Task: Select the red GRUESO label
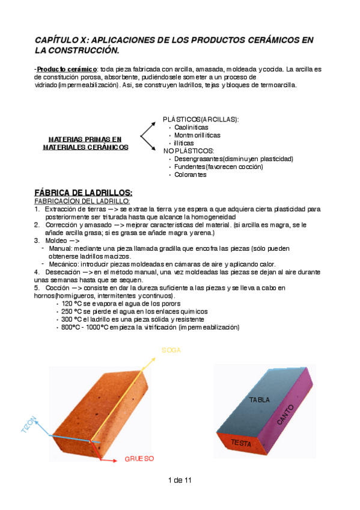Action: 139,458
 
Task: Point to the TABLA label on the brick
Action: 260,400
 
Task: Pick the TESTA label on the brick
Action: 240,443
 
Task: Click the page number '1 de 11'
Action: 180,480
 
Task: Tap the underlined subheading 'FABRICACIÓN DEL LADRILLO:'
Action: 82,201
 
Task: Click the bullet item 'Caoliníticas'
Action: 191,127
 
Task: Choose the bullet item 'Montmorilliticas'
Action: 197,135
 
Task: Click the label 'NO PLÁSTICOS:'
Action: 188,151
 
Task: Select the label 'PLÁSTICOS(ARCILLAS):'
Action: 201,120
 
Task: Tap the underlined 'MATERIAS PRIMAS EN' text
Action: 85,139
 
